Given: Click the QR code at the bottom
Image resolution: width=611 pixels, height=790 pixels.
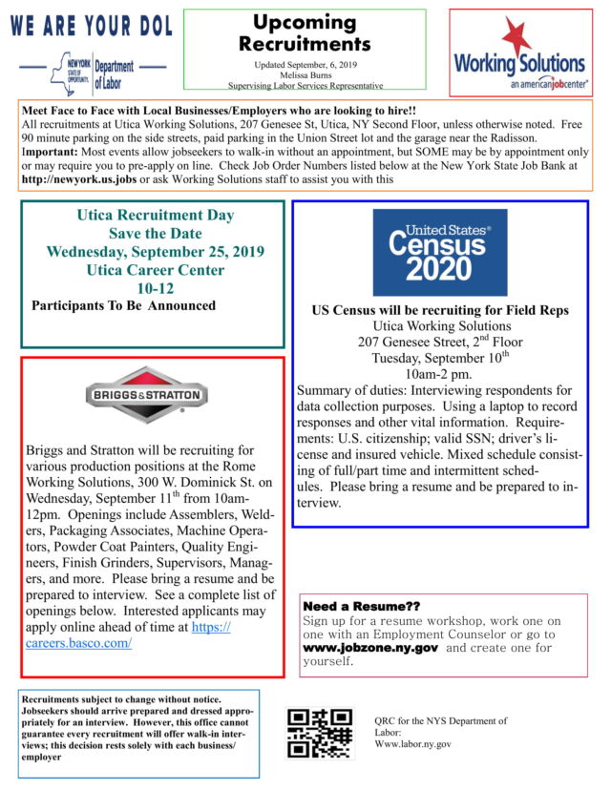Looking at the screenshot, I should (320, 733).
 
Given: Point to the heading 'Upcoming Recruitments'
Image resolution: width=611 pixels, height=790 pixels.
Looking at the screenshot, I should (305, 33).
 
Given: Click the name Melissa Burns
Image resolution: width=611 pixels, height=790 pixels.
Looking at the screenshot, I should (305, 73).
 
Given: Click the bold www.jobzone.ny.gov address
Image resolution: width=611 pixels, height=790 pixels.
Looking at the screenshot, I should (370, 647).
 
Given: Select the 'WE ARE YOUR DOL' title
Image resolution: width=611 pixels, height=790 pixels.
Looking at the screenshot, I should (92, 27).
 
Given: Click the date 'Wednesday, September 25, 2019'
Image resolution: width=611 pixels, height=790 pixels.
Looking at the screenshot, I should (156, 252).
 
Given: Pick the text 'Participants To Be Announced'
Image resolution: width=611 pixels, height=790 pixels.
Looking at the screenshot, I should (123, 305).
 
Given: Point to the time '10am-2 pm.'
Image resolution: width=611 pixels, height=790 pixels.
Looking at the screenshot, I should (440, 373).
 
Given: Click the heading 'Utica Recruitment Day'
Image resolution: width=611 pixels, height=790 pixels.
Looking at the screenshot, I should (156, 216).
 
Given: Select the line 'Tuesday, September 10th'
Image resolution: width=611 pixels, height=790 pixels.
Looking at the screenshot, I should (439, 357).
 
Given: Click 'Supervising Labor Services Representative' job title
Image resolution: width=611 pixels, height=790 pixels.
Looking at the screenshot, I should (305, 85).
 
